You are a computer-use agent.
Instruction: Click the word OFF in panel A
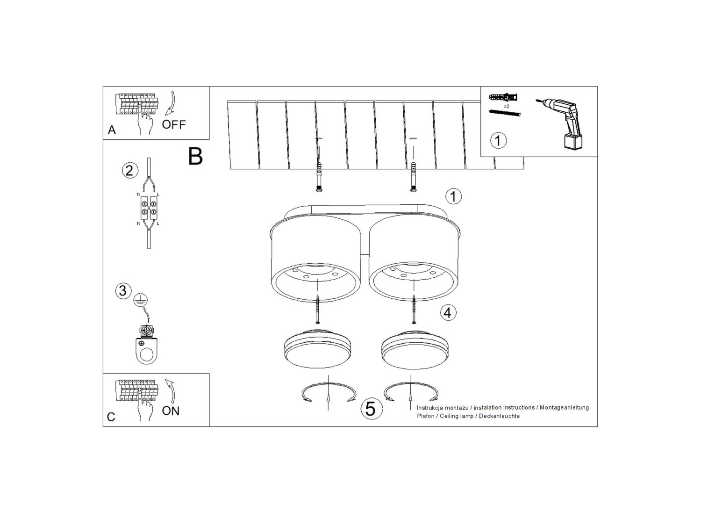(x=174, y=124)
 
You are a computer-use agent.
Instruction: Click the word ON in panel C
(x=171, y=411)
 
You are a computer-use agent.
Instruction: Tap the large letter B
(x=195, y=157)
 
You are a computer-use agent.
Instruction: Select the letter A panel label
(x=112, y=130)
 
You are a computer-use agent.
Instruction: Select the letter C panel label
(x=111, y=417)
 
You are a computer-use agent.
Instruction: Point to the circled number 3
(x=123, y=290)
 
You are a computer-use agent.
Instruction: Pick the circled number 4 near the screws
(x=448, y=312)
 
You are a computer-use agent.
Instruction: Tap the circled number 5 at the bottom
(x=371, y=408)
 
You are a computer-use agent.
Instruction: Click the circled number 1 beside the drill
(x=498, y=141)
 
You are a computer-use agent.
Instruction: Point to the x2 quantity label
(x=506, y=107)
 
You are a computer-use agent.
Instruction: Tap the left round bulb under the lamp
(x=317, y=349)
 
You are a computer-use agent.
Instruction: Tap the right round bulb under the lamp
(x=416, y=349)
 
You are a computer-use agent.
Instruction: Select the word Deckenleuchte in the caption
(x=500, y=416)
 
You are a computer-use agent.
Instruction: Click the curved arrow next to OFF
(x=171, y=103)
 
